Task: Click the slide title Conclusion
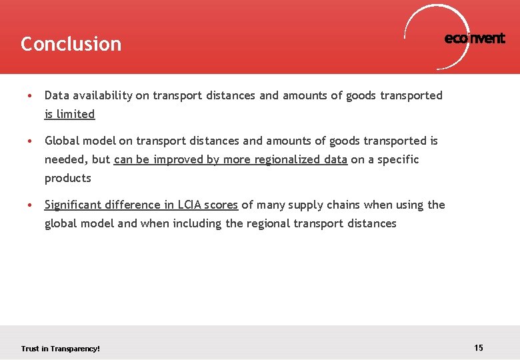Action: pyautogui.click(x=71, y=44)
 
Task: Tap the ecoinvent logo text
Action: pyautogui.click(x=475, y=39)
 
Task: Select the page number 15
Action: pyautogui.click(x=479, y=347)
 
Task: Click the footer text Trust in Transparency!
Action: pyautogui.click(x=60, y=349)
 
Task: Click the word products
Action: pyautogui.click(x=67, y=178)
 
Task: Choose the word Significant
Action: pyautogui.click(x=74, y=205)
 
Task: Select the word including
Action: pyautogui.click(x=197, y=223)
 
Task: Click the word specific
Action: pyautogui.click(x=398, y=159)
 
